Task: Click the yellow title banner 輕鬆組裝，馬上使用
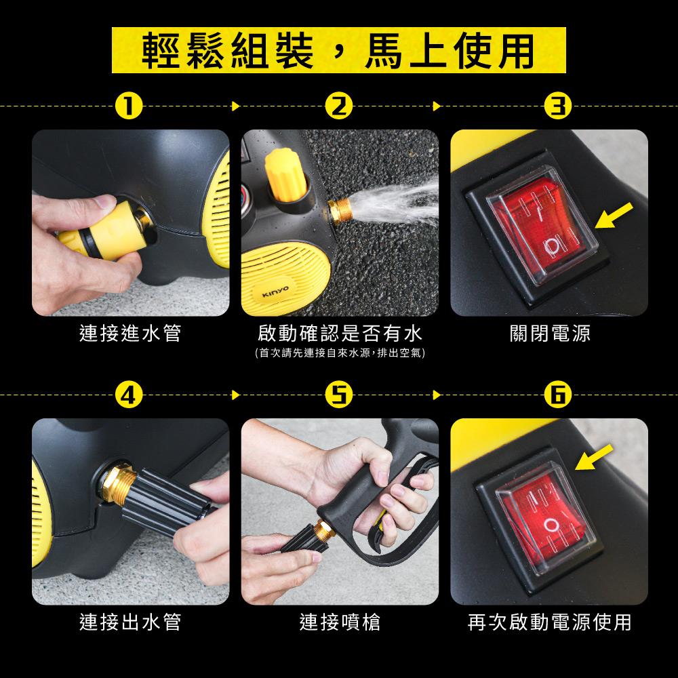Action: (x=338, y=50)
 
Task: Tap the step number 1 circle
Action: (x=129, y=106)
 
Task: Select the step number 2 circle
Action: (x=339, y=106)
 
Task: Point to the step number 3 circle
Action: (x=558, y=106)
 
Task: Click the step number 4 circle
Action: (x=129, y=395)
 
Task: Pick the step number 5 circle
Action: (x=339, y=395)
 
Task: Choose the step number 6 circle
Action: (x=558, y=395)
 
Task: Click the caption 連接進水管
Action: (x=130, y=334)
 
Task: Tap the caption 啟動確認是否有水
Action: (x=340, y=334)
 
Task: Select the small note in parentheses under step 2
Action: (x=340, y=353)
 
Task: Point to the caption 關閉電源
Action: (x=550, y=334)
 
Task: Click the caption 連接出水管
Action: (x=130, y=622)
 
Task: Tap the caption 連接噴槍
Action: (x=340, y=622)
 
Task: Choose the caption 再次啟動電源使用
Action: (x=550, y=622)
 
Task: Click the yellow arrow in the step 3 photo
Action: (x=614, y=215)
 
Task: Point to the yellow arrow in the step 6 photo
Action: (x=594, y=456)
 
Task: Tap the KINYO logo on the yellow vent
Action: (x=275, y=292)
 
